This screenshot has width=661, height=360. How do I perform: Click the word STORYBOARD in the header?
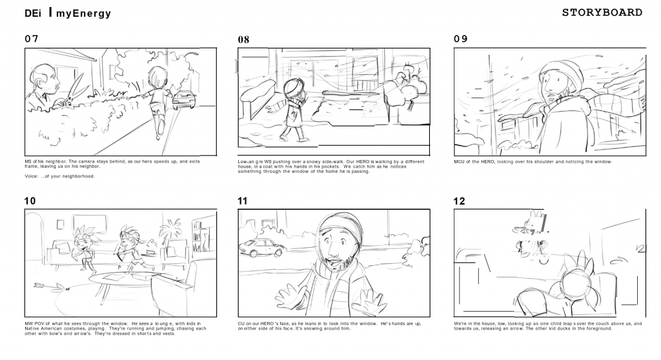click(602, 13)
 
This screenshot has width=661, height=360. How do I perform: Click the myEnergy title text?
click(83, 14)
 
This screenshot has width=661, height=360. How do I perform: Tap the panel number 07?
click(32, 39)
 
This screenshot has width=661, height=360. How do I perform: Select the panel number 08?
click(243, 39)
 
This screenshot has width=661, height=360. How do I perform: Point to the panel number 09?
click(461, 39)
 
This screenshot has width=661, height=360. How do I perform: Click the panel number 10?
click(30, 201)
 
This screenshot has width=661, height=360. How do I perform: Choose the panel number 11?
click(243, 201)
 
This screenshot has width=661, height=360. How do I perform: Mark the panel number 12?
click(459, 201)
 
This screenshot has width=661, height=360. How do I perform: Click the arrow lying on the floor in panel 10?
click(52, 286)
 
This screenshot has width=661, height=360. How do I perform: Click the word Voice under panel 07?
click(31, 176)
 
